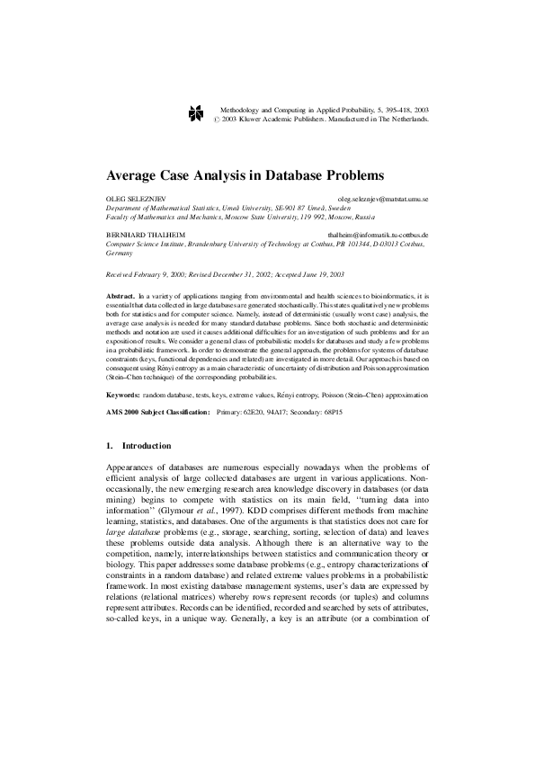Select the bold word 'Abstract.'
pos(120,295)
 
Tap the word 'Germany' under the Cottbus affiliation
pos(120,254)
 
